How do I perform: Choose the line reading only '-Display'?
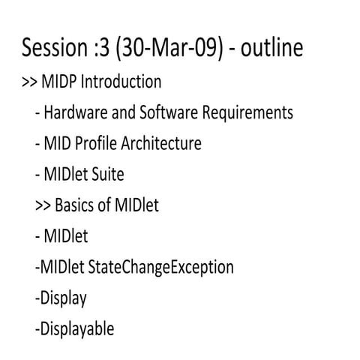tap(61, 298)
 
